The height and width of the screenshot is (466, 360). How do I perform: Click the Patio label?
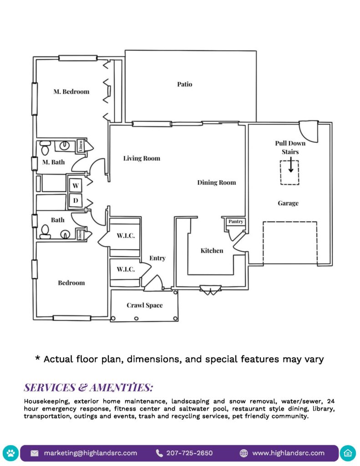[184, 84]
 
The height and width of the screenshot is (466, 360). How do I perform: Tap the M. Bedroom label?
[71, 91]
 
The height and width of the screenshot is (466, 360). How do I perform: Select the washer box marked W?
[76, 185]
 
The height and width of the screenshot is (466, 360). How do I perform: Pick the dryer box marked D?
[76, 200]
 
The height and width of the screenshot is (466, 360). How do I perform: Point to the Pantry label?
[236, 222]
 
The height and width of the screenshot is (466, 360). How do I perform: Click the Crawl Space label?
[144, 305]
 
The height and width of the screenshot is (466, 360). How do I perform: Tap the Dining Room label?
[216, 182]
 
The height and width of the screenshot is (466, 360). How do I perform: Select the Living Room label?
[142, 158]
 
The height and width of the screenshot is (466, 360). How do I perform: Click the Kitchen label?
[212, 251]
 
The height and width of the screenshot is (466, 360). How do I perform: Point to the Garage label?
[288, 203]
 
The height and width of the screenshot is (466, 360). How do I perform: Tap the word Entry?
[157, 258]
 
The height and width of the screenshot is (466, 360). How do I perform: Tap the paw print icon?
[11, 453]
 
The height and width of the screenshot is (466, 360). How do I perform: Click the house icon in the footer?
[348, 453]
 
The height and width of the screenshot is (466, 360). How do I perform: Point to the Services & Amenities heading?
[88, 388]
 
